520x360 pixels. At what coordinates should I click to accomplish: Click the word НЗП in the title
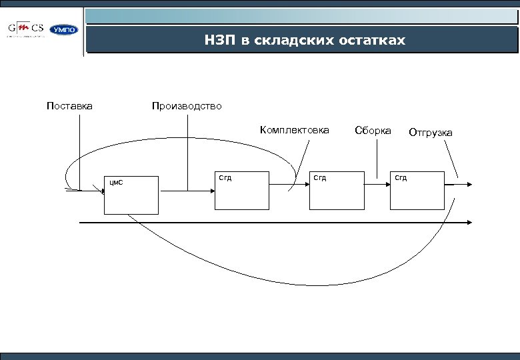point(220,41)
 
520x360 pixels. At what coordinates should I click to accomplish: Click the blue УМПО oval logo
point(65,30)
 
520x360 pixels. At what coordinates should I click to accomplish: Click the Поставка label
point(69,106)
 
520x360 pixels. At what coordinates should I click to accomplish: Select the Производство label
point(187,106)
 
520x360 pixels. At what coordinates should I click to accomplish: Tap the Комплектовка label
point(294,130)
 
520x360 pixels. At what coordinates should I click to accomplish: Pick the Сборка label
point(373,130)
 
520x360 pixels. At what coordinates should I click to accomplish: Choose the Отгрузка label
point(430,133)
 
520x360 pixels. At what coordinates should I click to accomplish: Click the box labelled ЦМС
point(131,195)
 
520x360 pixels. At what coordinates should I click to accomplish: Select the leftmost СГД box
point(241,191)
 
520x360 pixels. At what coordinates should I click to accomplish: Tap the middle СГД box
point(337,191)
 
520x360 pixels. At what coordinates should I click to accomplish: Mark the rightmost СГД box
point(417,191)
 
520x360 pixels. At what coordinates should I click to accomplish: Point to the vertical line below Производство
point(188,153)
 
